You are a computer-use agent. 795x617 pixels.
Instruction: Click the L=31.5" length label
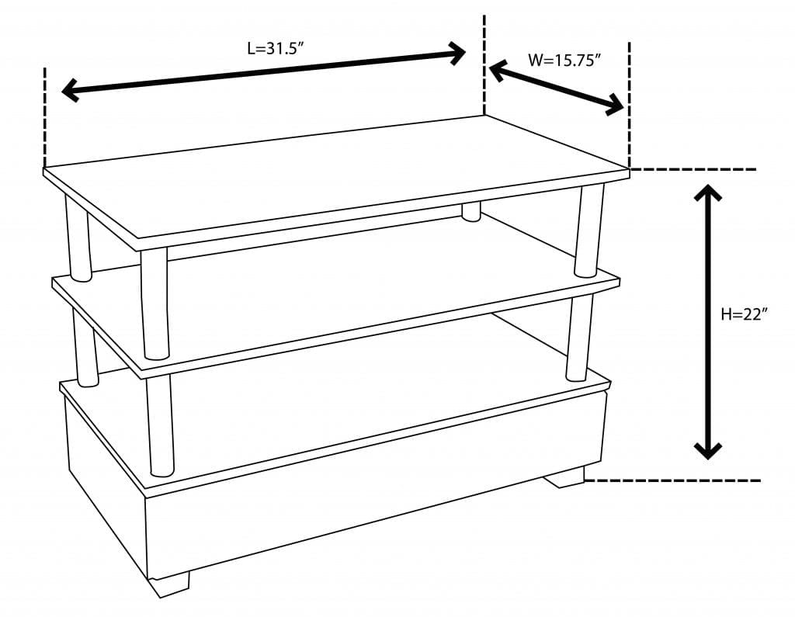[274, 48]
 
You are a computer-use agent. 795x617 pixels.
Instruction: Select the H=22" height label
[744, 314]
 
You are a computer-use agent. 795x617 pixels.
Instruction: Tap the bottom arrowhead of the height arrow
[708, 449]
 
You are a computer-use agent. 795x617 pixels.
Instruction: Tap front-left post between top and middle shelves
[154, 303]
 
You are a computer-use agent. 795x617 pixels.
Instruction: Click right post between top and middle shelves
[588, 230]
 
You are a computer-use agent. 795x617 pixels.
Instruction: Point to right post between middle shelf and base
[578, 338]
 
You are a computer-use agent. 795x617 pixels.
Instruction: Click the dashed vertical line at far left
[45, 116]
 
